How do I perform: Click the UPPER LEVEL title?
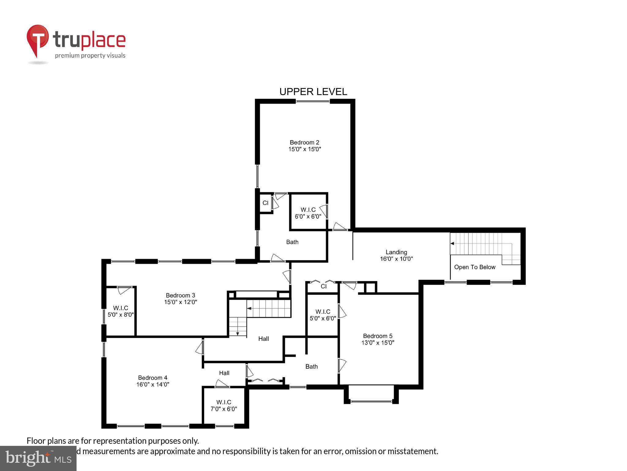[x=313, y=92]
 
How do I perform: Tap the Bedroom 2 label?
[x=304, y=143]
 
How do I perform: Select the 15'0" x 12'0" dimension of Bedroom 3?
[x=180, y=302]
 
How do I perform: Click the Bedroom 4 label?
[x=152, y=378]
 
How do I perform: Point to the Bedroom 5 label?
[x=377, y=336]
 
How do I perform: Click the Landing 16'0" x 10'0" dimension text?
[x=396, y=259]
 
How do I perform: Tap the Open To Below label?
[x=475, y=267]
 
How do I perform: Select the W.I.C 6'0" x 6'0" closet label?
[x=308, y=213]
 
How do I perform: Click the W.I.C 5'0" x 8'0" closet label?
[x=121, y=311]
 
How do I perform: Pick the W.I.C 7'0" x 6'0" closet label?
[x=224, y=405]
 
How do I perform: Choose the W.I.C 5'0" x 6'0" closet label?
[x=323, y=315]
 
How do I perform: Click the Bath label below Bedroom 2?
[x=292, y=242]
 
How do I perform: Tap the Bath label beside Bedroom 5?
[x=311, y=366]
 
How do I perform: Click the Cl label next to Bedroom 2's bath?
[x=265, y=203]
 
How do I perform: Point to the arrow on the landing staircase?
[x=452, y=243]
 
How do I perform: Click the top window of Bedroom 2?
[x=313, y=101]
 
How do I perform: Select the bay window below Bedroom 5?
[x=371, y=401]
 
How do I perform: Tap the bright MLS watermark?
[x=38, y=458]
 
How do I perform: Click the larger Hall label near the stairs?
[x=263, y=339]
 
